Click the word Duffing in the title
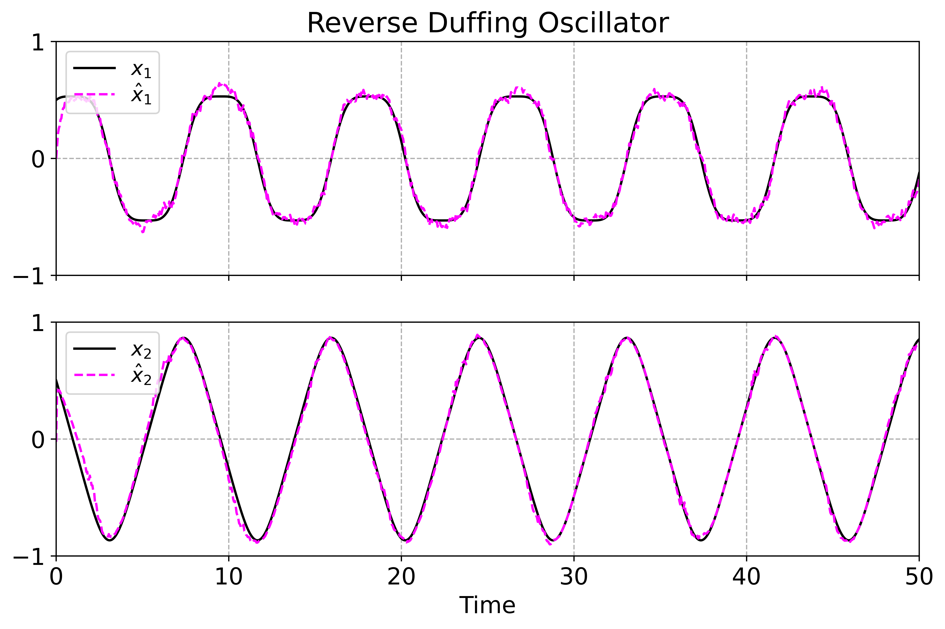(477, 23)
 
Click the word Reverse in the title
(362, 23)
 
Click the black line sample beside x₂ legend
(95, 349)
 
